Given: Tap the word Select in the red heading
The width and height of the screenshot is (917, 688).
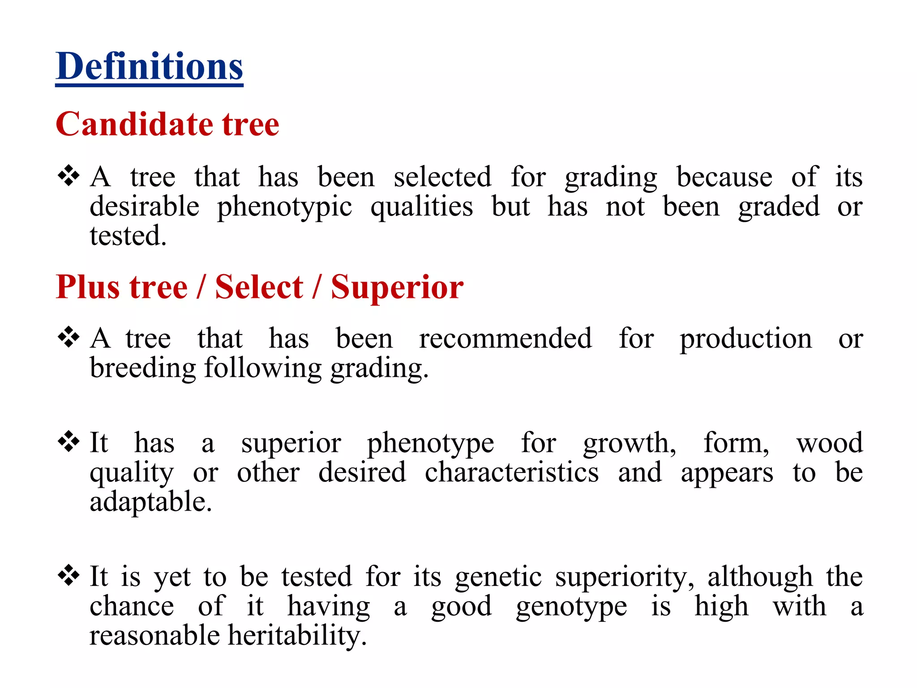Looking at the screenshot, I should [259, 287].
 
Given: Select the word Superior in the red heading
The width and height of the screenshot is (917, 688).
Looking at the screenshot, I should [397, 287].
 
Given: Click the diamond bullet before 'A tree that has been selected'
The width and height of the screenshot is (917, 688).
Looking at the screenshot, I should [69, 176].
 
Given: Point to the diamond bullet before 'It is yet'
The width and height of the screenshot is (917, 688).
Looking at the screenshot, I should [69, 576].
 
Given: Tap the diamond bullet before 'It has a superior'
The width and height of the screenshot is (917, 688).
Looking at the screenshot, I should [69, 442].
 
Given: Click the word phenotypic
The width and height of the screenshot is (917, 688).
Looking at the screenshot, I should [284, 207].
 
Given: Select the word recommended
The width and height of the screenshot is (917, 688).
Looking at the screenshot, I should [505, 338].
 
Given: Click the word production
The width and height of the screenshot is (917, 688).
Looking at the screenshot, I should [746, 339].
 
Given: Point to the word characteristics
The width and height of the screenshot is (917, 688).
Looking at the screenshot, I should [511, 473].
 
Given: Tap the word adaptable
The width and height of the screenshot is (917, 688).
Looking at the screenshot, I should [150, 502].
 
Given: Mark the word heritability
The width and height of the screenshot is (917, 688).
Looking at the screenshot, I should [297, 636].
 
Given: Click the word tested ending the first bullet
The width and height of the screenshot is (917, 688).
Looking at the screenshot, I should [128, 236].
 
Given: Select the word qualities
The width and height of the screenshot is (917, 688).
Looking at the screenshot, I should [421, 207].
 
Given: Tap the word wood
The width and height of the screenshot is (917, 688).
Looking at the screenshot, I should [829, 443].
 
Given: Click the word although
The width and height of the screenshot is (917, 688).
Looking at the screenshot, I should [760, 576].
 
